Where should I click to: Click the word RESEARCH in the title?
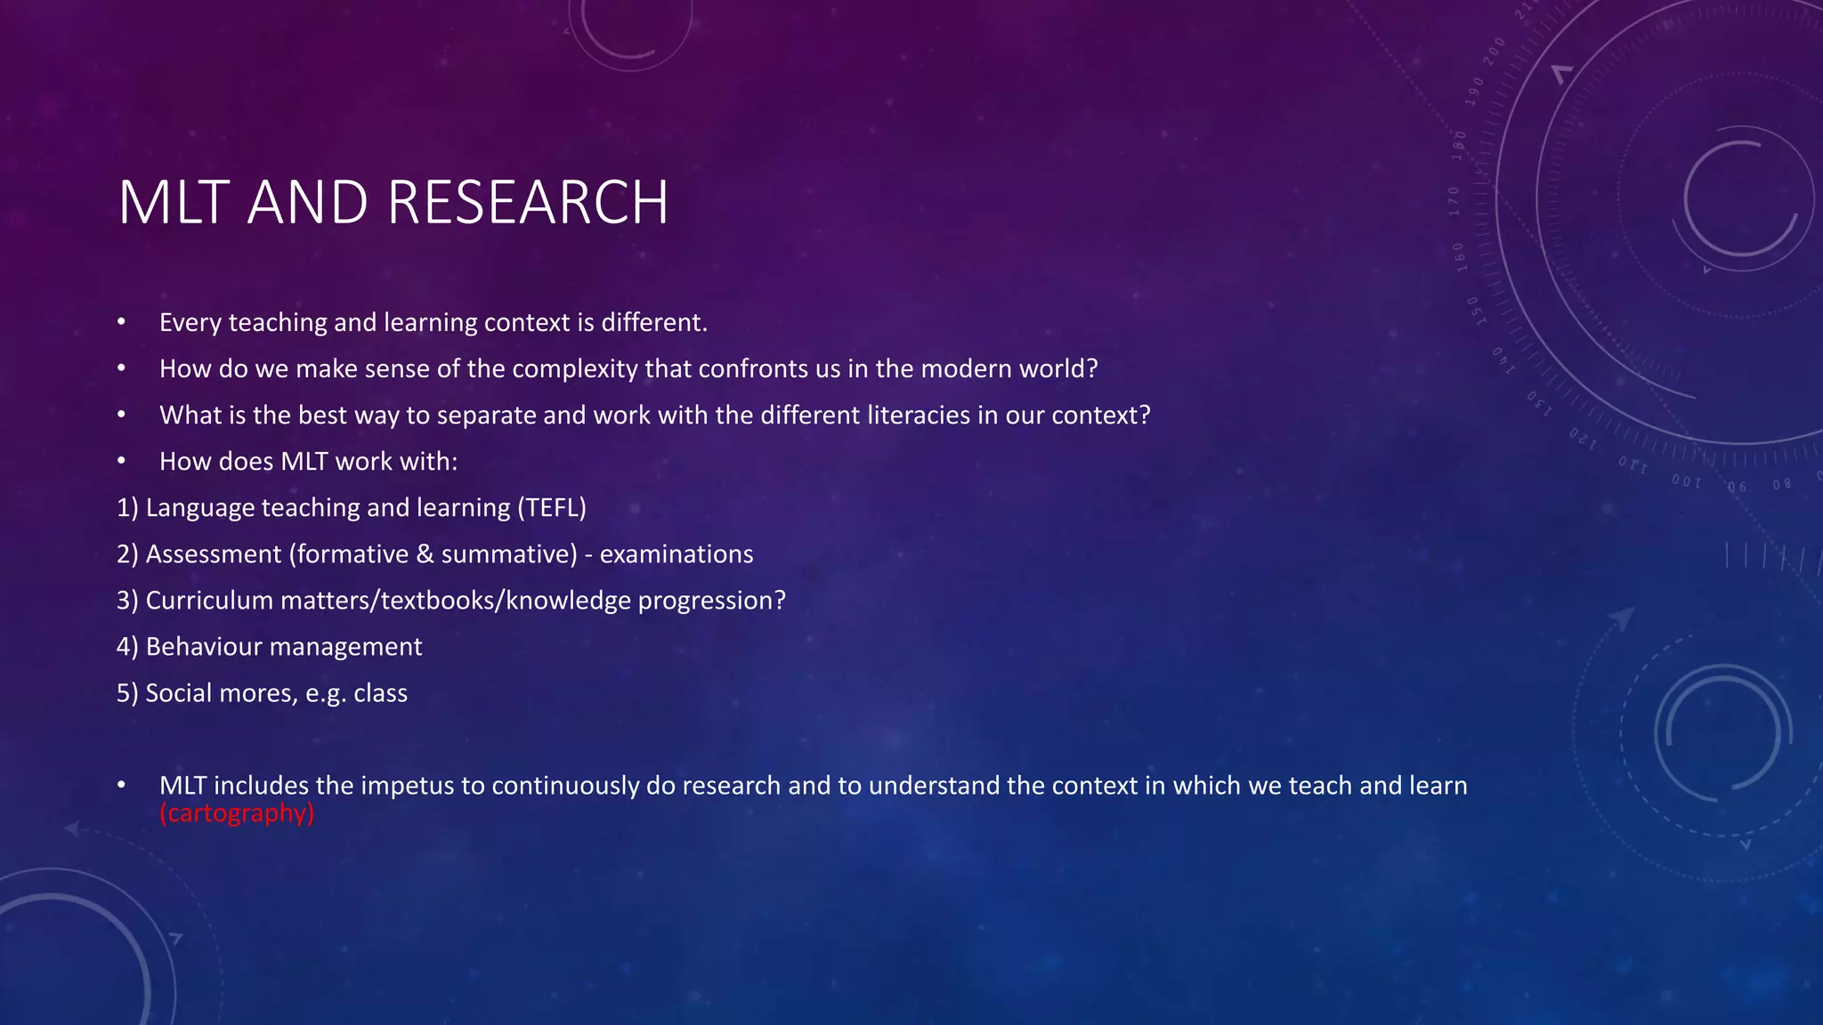[528, 203]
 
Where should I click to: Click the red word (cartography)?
[237, 813]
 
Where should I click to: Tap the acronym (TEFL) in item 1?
[552, 508]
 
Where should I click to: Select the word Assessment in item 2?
[214, 554]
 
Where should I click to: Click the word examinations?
[677, 554]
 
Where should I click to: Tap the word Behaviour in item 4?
[198, 647]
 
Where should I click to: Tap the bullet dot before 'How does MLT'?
[122, 461]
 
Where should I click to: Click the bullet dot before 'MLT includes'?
[122, 786]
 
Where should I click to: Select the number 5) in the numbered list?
[127, 693]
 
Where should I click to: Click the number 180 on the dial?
[1459, 144]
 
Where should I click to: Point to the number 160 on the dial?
[1460, 256]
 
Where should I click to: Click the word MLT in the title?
[174, 203]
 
